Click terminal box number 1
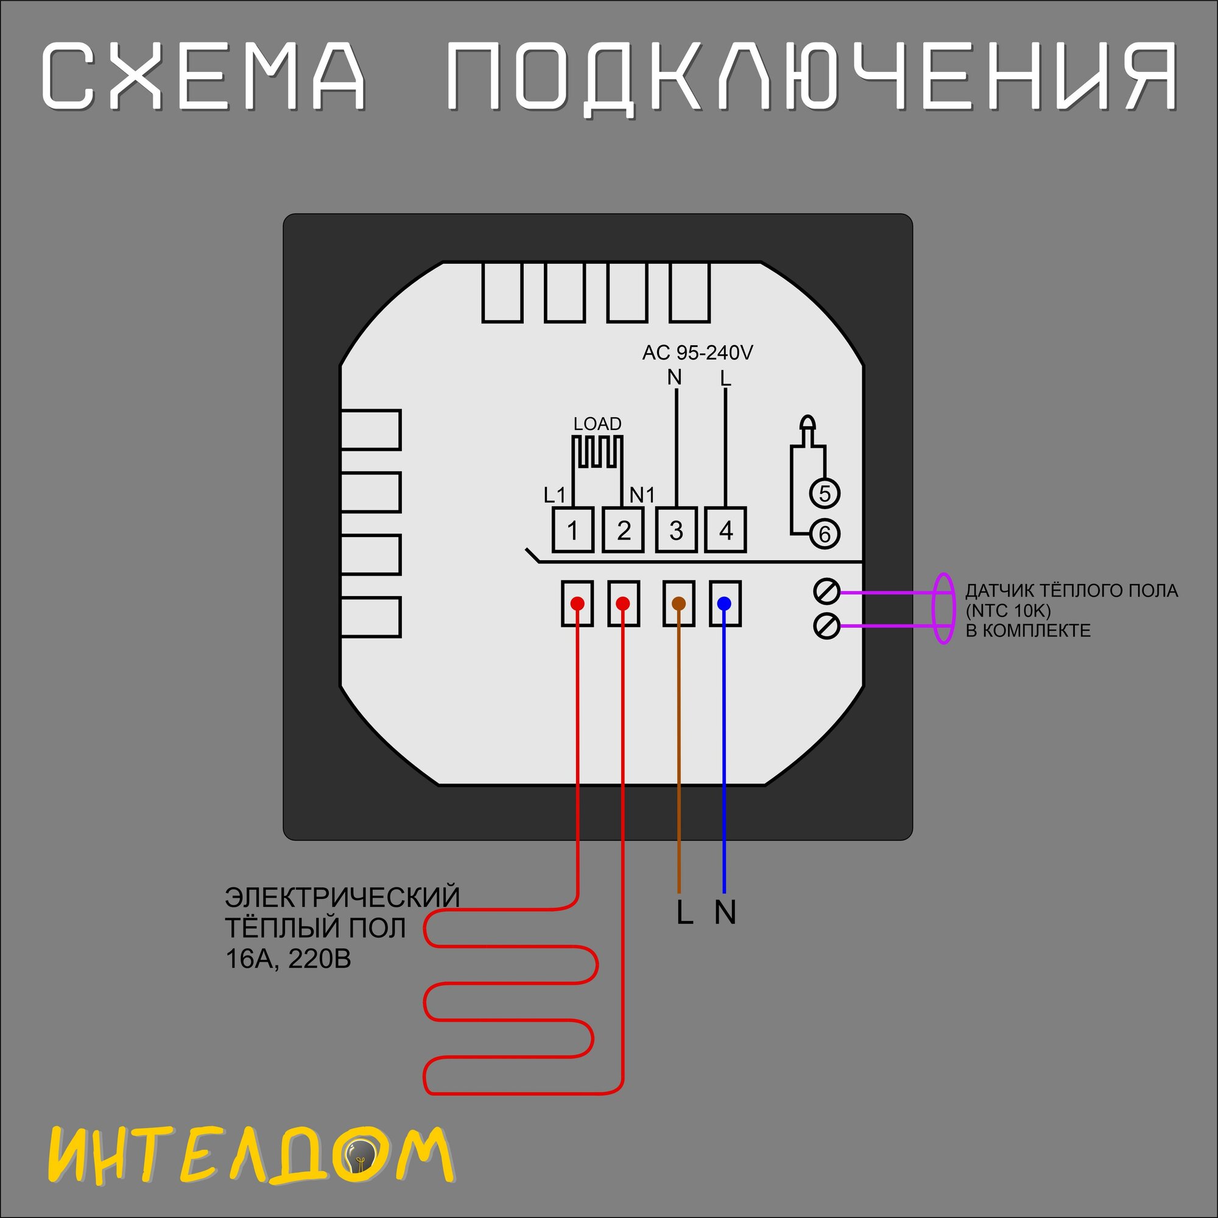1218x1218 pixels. tap(572, 530)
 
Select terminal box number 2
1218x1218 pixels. tap(623, 530)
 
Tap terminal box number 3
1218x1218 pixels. tap(676, 530)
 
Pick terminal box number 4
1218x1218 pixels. tap(726, 530)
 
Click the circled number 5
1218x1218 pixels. tap(825, 493)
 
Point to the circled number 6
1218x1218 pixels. tap(825, 534)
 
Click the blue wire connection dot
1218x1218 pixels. tap(724, 604)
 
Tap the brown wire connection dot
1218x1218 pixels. tap(678, 604)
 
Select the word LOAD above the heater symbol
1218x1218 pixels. tap(597, 424)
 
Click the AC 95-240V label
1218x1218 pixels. tap(697, 353)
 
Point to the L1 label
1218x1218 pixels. tap(555, 496)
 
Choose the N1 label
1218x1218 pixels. tap(642, 496)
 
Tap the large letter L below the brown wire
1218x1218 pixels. tap(685, 912)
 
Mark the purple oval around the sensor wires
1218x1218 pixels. tap(943, 608)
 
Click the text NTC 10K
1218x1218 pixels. tap(1008, 611)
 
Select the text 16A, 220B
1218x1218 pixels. tap(288, 959)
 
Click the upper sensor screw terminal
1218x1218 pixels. tap(826, 591)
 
